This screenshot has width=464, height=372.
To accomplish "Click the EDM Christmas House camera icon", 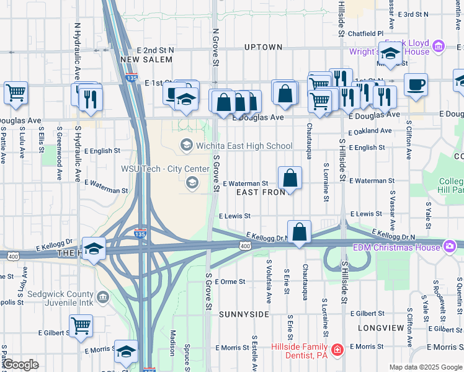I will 449,247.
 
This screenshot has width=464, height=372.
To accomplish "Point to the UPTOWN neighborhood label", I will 263,47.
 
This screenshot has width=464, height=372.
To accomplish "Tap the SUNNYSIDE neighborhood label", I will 244,314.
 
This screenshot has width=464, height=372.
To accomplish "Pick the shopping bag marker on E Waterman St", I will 290,179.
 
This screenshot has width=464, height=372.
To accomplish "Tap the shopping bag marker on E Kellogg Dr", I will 299,232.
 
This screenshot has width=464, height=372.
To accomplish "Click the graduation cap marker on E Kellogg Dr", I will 93,249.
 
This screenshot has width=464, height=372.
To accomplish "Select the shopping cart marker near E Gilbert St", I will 81,325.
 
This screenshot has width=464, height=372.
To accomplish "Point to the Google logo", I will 20,365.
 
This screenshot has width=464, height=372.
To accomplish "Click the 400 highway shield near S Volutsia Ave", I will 246,246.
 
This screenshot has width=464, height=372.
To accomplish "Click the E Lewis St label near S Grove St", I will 234,216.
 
